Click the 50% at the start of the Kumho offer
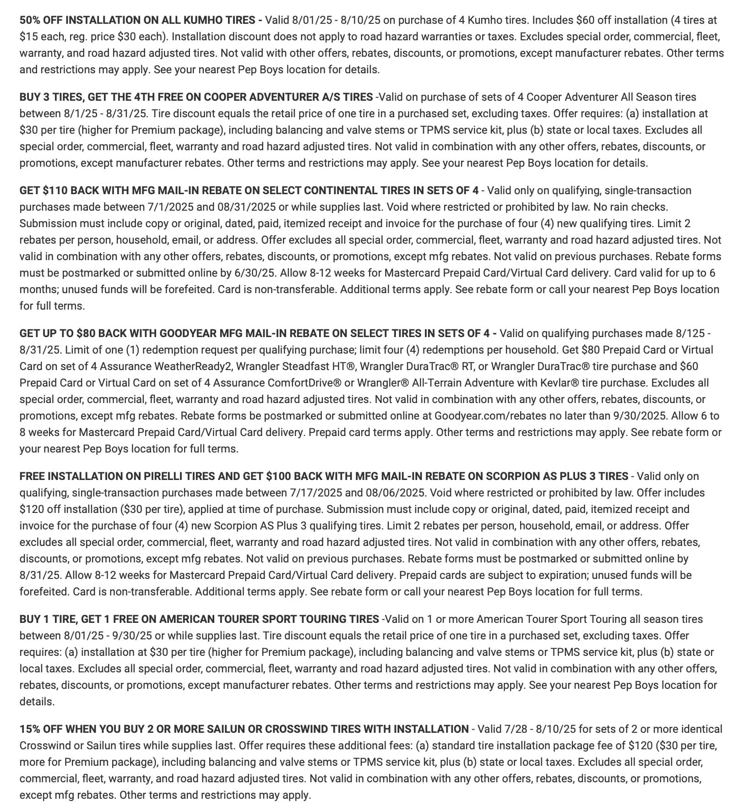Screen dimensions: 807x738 click(29, 20)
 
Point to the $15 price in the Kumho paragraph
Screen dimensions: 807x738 click(29, 37)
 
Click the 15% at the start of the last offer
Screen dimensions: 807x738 click(29, 729)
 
